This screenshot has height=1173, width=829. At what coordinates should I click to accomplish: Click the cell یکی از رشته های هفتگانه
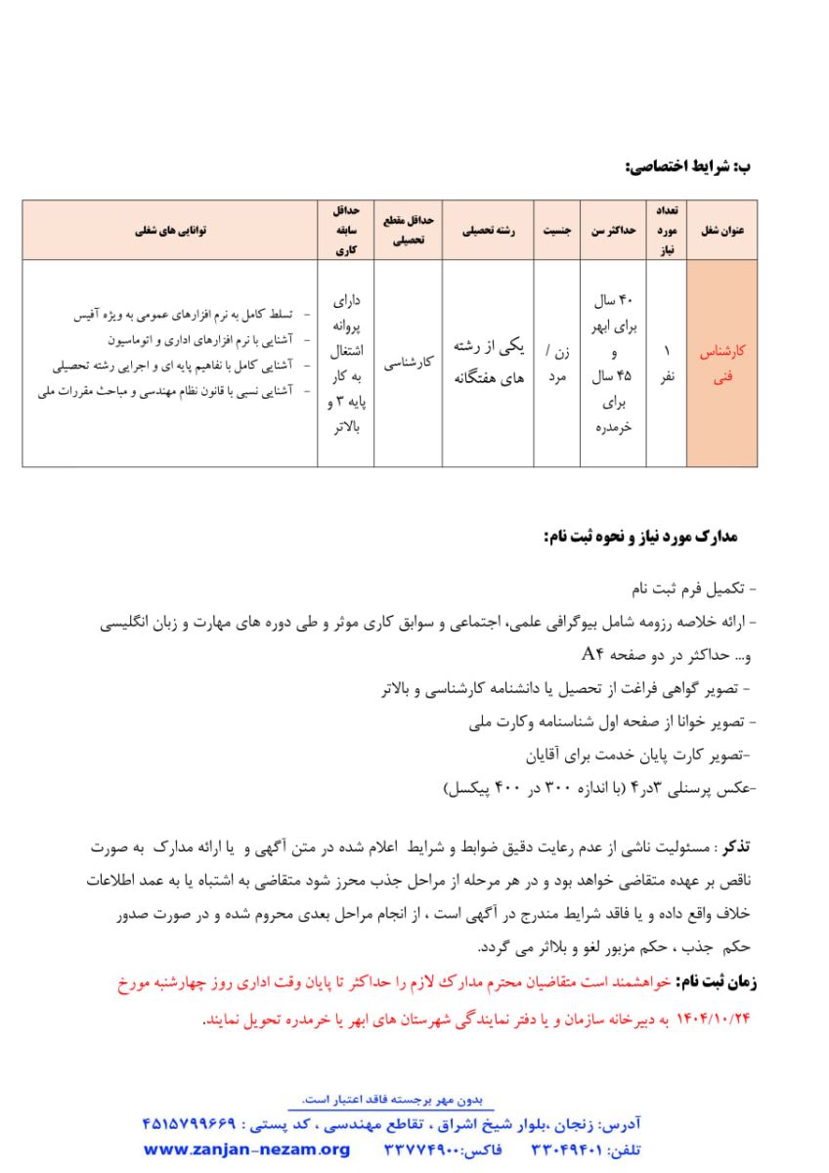pyautogui.click(x=490, y=364)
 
